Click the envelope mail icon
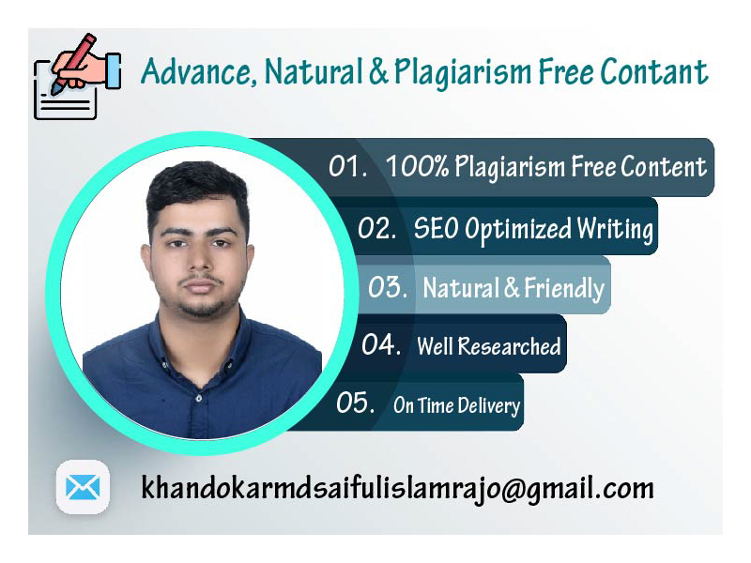point(83,487)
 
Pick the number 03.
point(387,287)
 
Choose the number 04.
point(381,345)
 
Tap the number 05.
point(356,403)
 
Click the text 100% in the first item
point(417,167)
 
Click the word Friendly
point(564,288)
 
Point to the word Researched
point(507,346)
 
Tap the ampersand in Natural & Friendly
point(512,288)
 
